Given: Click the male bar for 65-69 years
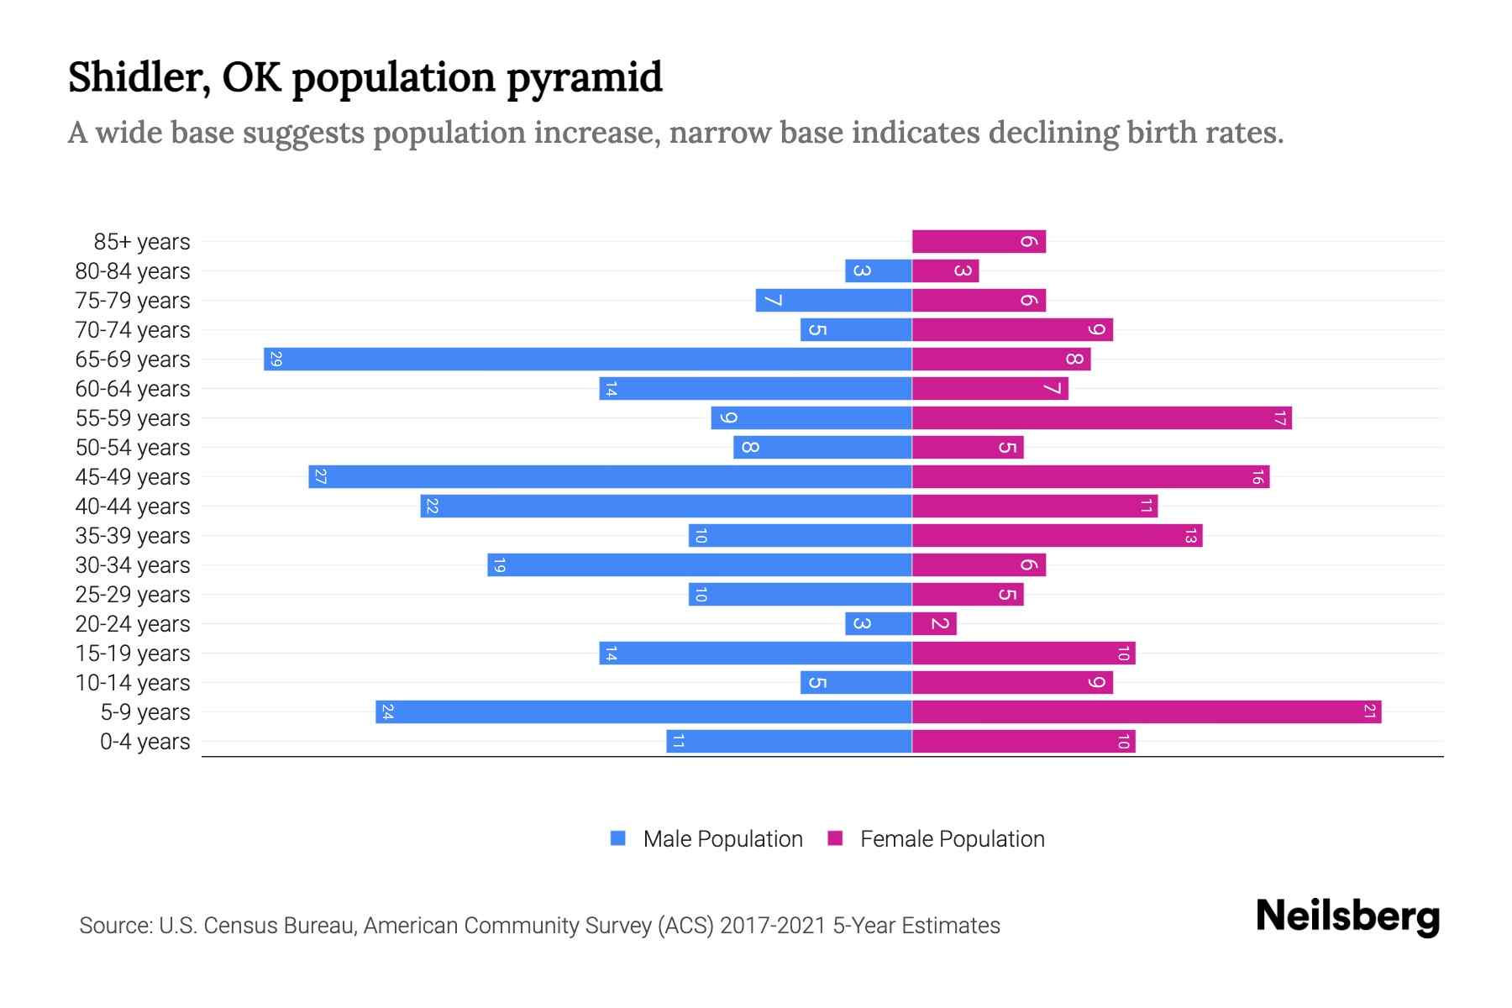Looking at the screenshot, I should [588, 360].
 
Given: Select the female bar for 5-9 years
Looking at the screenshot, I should [1147, 712].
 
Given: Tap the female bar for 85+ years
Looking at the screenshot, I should [979, 242].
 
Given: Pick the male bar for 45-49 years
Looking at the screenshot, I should [610, 477].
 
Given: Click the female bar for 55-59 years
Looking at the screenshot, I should [1101, 418].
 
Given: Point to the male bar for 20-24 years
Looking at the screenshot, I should [879, 624].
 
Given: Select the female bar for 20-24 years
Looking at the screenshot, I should [934, 624].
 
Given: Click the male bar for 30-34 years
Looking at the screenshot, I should [700, 565].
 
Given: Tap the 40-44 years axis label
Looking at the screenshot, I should [133, 507].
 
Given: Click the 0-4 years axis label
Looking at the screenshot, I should [144, 742].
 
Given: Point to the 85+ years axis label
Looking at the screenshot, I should [142, 242].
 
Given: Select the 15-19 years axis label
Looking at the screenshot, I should [133, 654].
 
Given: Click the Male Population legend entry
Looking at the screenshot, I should [706, 839].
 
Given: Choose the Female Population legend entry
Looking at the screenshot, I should [936, 839].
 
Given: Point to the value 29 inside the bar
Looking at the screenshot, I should [276, 360].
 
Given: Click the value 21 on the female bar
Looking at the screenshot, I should [1369, 712].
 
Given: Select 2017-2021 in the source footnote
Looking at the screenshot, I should [773, 926].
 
